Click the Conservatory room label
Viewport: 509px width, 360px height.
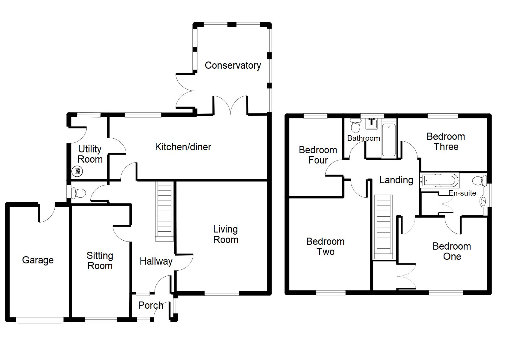click(233, 65)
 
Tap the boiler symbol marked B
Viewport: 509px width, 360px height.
click(77, 171)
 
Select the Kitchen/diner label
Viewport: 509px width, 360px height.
click(183, 147)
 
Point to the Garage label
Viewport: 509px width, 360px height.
click(38, 260)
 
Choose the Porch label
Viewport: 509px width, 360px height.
click(151, 305)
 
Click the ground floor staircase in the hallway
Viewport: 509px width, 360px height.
click(164, 211)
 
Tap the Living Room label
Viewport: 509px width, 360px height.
click(226, 234)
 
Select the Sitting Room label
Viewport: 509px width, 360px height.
click(100, 261)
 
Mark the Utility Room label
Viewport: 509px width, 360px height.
click(90, 154)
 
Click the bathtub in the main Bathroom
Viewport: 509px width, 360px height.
click(389, 139)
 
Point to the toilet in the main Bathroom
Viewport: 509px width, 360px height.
click(356, 126)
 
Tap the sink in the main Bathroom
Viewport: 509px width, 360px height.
click(372, 123)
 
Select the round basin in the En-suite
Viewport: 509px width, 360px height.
click(483, 201)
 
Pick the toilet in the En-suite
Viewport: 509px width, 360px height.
click(480, 181)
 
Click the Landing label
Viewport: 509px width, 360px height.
click(396, 180)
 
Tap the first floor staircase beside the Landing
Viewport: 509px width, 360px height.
click(383, 227)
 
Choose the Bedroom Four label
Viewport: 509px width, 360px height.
click(318, 155)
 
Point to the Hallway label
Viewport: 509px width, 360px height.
click(156, 261)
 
